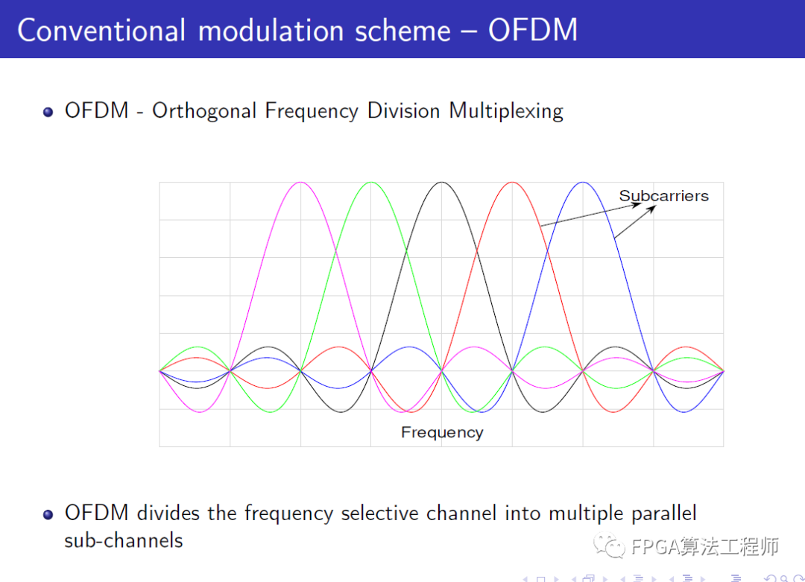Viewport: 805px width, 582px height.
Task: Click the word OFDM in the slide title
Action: (x=533, y=30)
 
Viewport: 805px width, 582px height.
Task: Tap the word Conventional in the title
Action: (x=101, y=30)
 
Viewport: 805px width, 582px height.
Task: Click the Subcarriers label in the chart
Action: (x=663, y=196)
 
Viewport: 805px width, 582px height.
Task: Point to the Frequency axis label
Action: (x=442, y=432)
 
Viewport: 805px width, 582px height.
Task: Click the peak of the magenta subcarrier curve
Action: (x=300, y=183)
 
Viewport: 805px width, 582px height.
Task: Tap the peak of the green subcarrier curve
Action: (x=370, y=183)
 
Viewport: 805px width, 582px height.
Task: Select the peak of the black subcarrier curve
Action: (x=442, y=183)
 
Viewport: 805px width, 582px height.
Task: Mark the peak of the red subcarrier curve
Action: (x=512, y=183)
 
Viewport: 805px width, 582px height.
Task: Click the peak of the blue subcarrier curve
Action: (x=583, y=183)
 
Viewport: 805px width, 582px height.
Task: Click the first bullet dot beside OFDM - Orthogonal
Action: (x=48, y=112)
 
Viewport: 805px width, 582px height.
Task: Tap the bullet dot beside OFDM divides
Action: (x=48, y=514)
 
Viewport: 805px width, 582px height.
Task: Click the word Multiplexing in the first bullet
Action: (x=505, y=111)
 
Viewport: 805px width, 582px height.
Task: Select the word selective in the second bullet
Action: (x=380, y=513)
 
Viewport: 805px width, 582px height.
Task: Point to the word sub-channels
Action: (x=123, y=540)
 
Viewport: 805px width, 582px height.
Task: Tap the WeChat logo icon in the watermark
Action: (x=613, y=547)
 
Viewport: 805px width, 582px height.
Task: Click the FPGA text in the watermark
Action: (x=654, y=547)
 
